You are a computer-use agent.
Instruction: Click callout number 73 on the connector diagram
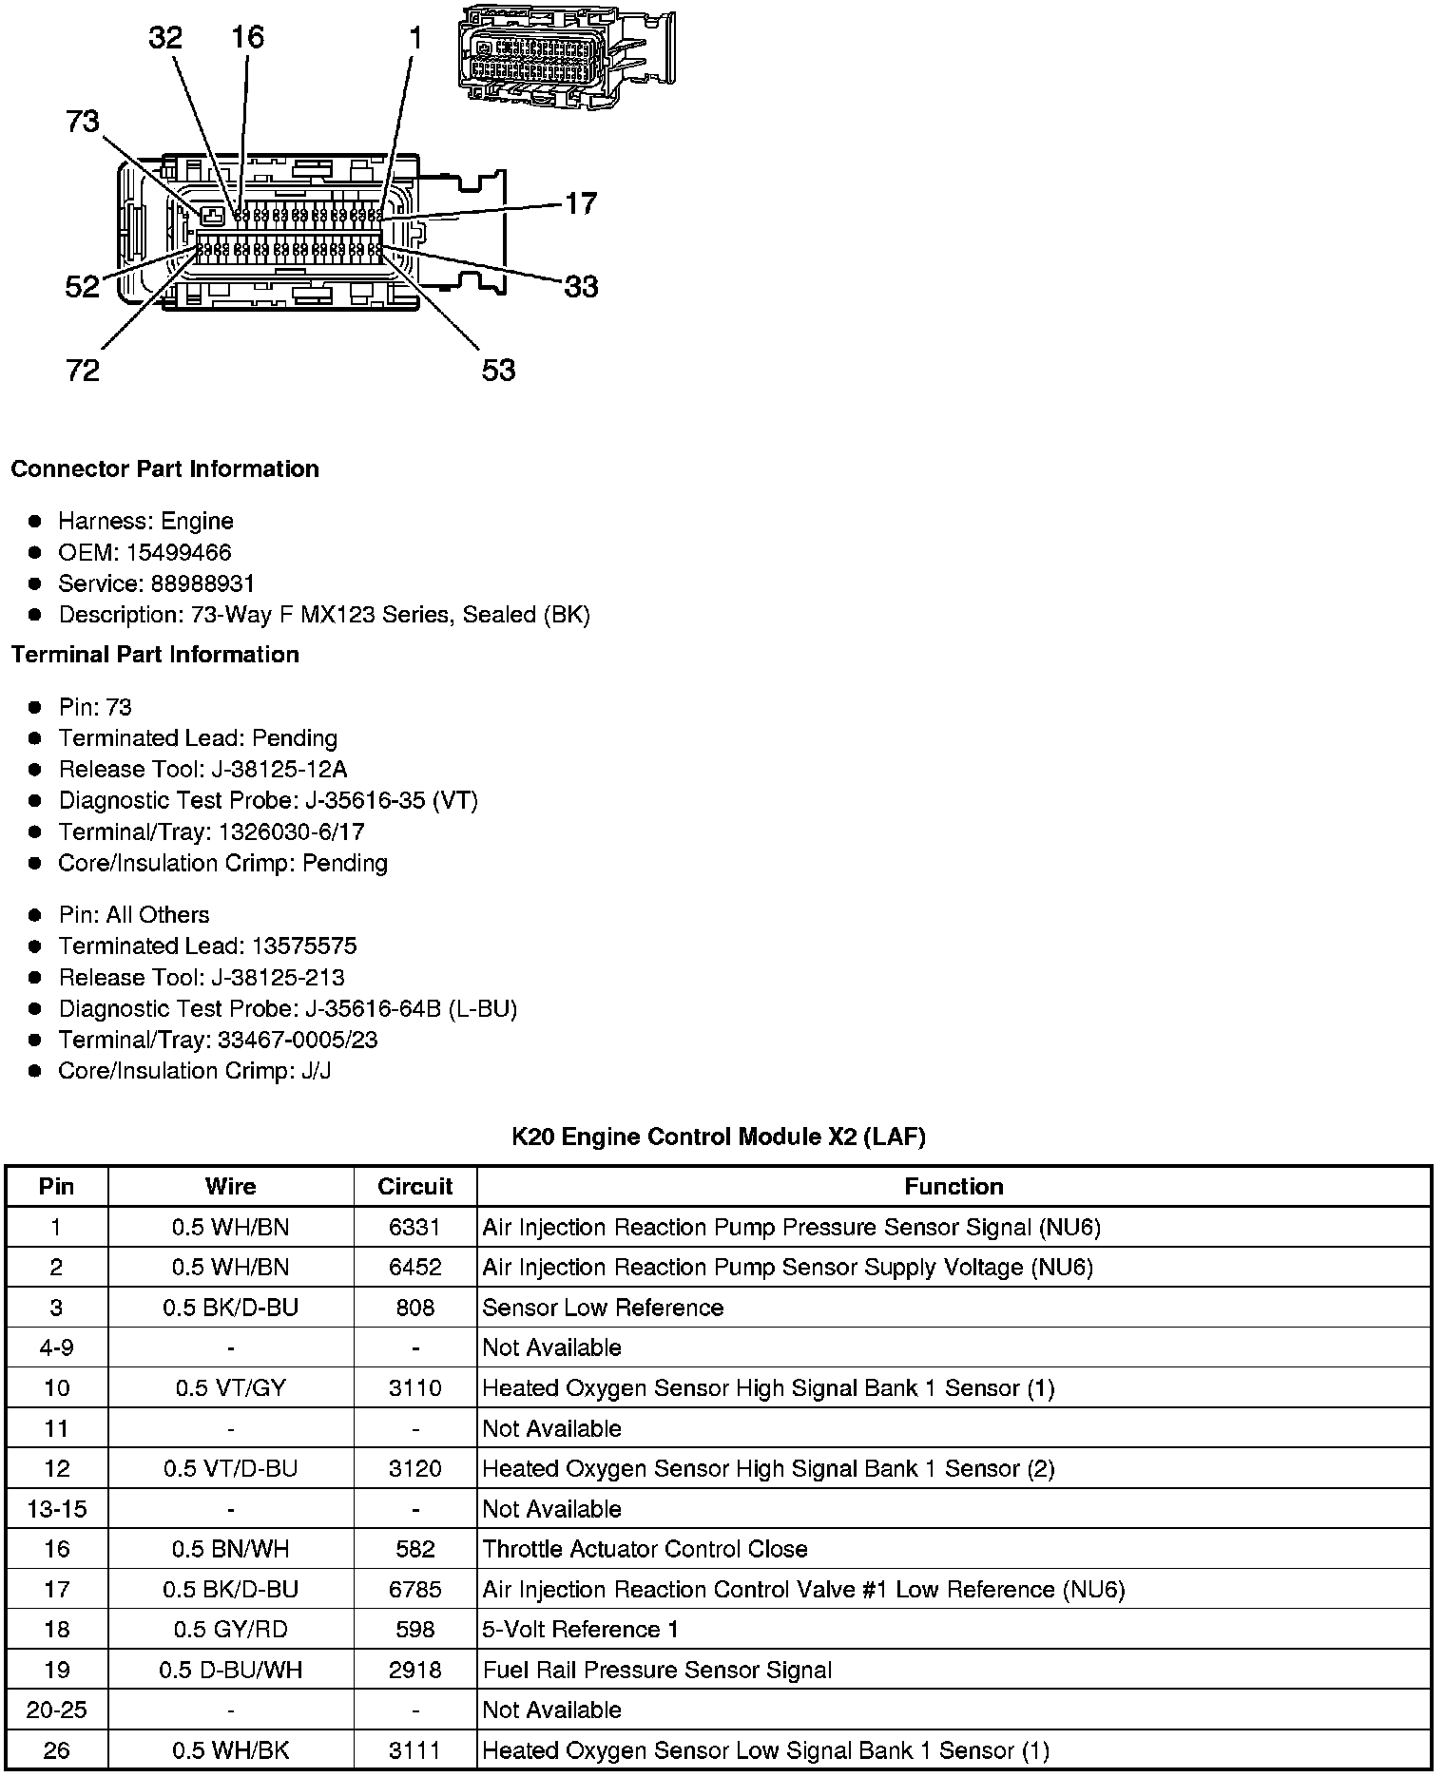coord(83,122)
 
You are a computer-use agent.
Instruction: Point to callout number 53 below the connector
coord(498,370)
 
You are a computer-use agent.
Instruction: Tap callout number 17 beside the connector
coord(581,203)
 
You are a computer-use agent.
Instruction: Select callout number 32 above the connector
coord(165,38)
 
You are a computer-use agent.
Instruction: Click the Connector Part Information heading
coord(164,469)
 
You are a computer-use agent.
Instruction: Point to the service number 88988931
coord(202,583)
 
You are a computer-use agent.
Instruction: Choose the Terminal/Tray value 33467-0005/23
coord(298,1040)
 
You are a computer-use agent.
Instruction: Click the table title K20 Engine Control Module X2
coord(718,1137)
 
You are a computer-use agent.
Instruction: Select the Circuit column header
coord(414,1186)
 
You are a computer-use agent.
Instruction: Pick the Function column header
coord(954,1186)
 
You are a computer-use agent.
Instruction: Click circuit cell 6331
coord(414,1227)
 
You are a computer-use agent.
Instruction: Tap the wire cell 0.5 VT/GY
coord(230,1388)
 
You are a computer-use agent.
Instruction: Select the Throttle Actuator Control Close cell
coord(645,1549)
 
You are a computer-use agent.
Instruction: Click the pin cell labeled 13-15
coord(57,1509)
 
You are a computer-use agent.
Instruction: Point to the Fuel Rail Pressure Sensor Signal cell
coord(657,1670)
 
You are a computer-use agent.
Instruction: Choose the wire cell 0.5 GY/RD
coord(230,1630)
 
